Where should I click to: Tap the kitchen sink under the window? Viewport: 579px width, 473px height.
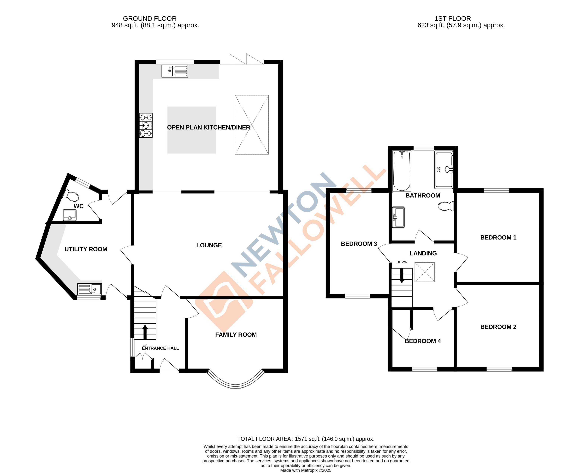point(175,71)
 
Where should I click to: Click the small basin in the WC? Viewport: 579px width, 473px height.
point(70,215)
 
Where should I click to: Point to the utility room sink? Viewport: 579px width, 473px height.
point(89,289)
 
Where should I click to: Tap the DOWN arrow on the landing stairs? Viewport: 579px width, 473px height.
point(402,276)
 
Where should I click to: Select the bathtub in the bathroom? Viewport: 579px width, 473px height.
point(402,171)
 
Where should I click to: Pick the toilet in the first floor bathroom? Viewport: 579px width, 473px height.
point(446,206)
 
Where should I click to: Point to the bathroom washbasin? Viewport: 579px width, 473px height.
point(398,217)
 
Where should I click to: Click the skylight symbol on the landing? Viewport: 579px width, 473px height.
point(424,272)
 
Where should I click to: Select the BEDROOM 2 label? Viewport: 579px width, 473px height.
point(498,327)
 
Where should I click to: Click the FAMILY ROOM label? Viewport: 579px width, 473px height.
point(236,335)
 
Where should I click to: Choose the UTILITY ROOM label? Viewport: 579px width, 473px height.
point(86,249)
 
